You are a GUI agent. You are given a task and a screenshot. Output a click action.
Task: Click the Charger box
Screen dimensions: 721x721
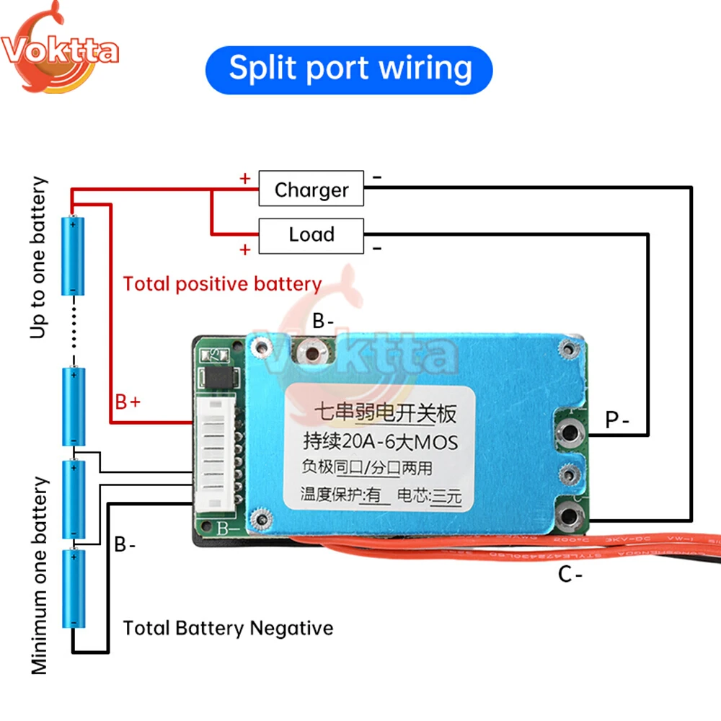311,190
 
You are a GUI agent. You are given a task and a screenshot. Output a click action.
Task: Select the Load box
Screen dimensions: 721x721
311,235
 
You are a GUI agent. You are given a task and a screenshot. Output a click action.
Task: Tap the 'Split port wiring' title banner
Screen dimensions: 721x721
350,68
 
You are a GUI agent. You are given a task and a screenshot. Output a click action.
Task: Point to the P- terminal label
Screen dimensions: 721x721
617,420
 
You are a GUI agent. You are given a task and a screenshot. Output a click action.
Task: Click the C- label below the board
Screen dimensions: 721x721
570,575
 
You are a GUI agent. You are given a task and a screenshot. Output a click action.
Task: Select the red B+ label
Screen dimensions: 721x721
128,401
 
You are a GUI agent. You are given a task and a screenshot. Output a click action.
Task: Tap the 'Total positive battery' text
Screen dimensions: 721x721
222,283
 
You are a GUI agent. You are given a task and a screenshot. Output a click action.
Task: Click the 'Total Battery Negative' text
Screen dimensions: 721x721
228,628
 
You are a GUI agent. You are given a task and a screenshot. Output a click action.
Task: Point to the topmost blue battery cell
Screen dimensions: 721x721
74,255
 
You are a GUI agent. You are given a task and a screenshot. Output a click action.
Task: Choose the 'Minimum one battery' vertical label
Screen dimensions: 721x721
39,575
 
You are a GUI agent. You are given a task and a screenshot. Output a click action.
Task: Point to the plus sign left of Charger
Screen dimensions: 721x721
245,178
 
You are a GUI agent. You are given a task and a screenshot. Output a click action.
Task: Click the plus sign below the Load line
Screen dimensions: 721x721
245,249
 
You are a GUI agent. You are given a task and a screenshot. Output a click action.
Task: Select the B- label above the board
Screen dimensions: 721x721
322,321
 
